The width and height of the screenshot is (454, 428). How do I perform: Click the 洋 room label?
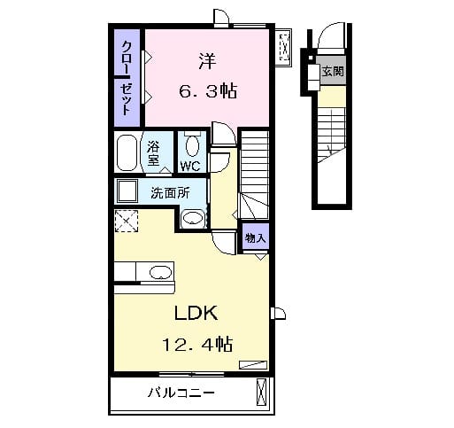pyautogui.click(x=207, y=62)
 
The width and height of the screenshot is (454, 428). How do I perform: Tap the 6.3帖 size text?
pyautogui.click(x=207, y=89)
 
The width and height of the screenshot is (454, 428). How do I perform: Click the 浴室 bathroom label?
pyautogui.click(x=153, y=153)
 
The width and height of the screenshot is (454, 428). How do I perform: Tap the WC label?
pyautogui.click(x=190, y=166)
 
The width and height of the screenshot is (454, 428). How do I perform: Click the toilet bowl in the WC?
pyautogui.click(x=193, y=145)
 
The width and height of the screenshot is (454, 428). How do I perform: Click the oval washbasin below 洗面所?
pyautogui.click(x=191, y=218)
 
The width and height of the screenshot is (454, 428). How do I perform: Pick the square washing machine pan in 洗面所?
pyautogui.click(x=126, y=191)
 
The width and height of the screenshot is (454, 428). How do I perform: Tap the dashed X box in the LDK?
pyautogui.click(x=126, y=222)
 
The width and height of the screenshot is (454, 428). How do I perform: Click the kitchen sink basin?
pyautogui.click(x=159, y=272)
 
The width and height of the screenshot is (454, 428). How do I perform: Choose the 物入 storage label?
pyautogui.click(x=255, y=238)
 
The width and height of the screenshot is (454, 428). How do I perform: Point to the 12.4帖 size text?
pyautogui.click(x=196, y=343)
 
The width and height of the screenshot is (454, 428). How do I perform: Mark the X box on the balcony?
pyautogui.click(x=261, y=391)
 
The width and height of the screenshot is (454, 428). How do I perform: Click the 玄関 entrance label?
pyautogui.click(x=332, y=72)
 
